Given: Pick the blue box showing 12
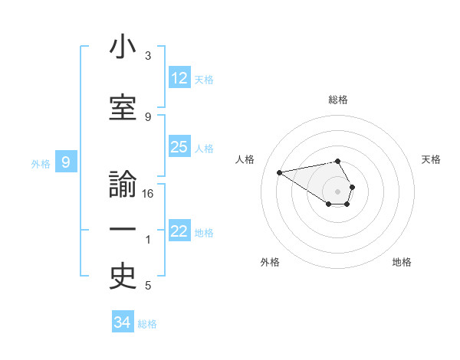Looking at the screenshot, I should (179, 78).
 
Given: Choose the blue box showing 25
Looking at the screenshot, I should (179, 147).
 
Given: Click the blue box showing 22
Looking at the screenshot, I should (179, 232).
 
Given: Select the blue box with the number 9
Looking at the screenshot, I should (66, 162).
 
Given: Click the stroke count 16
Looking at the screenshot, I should (148, 194).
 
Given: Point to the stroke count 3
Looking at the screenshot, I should (148, 56).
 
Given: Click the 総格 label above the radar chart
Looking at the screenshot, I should (337, 100).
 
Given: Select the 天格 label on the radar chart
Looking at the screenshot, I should (431, 159).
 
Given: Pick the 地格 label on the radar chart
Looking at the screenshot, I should (402, 262).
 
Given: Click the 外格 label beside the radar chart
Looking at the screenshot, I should (270, 262).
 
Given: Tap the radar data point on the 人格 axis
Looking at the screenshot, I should (279, 172).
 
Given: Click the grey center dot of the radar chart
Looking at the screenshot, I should (337, 191).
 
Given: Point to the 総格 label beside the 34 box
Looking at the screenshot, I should (148, 324).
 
